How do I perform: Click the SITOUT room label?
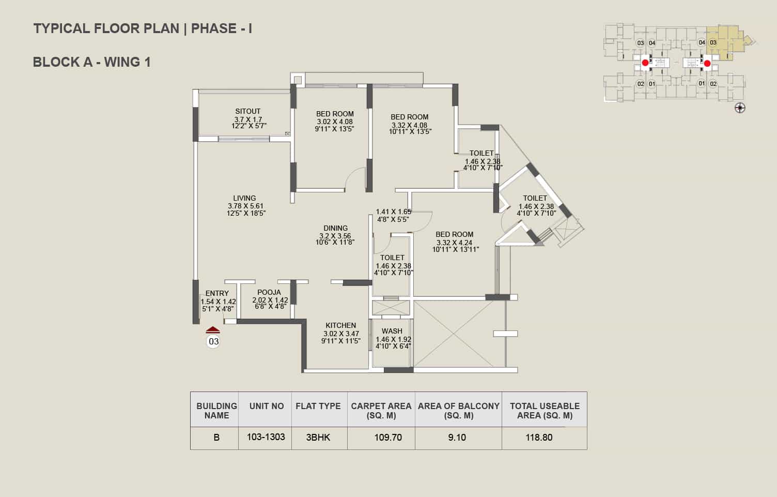pyautogui.click(x=247, y=111)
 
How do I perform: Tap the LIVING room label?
pyautogui.click(x=244, y=198)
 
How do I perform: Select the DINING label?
pyautogui.click(x=335, y=228)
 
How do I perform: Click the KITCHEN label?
pyautogui.click(x=340, y=325)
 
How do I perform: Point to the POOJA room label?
pyautogui.click(x=269, y=292)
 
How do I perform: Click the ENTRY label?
pyautogui.click(x=217, y=293)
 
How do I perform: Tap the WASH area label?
pyautogui.click(x=392, y=331)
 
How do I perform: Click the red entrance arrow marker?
pyautogui.click(x=213, y=330)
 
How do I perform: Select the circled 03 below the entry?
pyautogui.click(x=213, y=341)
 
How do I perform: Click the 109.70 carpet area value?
pyautogui.click(x=388, y=437)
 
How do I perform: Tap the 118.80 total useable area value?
pyautogui.click(x=539, y=437)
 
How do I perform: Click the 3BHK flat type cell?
pyautogui.click(x=318, y=437)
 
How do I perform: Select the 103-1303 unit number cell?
pyautogui.click(x=266, y=437)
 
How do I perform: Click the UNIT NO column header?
pyautogui.click(x=267, y=406)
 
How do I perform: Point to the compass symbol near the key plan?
pyautogui.click(x=740, y=108)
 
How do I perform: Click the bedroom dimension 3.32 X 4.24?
pyautogui.click(x=455, y=243)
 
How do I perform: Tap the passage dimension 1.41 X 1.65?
pyautogui.click(x=394, y=212)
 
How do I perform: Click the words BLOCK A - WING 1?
pyautogui.click(x=92, y=62)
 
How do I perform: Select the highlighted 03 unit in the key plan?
pyautogui.click(x=713, y=42)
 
